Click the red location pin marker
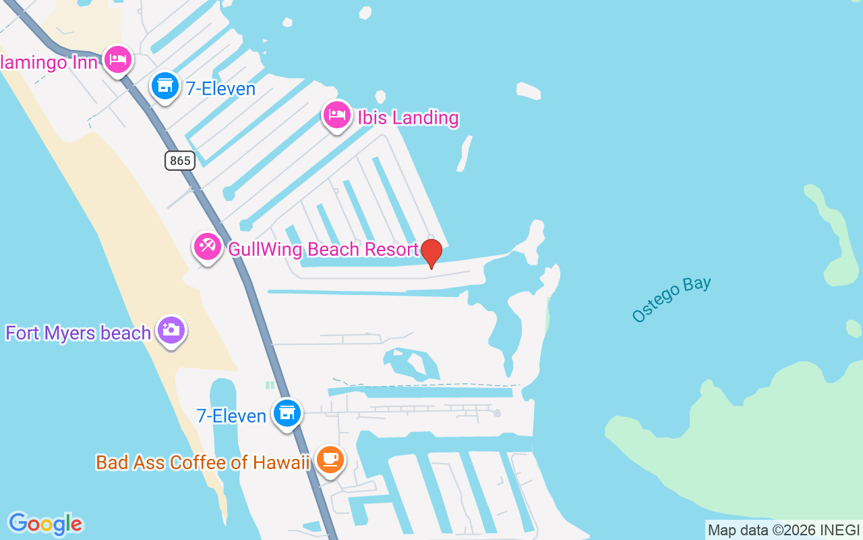coord(431,253)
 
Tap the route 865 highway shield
coord(179,161)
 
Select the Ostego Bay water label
coord(672,299)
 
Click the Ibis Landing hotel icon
coord(336,115)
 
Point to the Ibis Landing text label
coord(408,117)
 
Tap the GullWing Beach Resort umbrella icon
coord(207,247)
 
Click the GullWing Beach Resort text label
coord(323,249)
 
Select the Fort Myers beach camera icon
coord(171,331)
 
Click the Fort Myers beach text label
coord(78,333)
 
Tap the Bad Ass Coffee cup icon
coord(330,460)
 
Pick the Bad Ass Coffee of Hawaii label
coord(202,462)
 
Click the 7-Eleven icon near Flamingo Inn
coord(164,86)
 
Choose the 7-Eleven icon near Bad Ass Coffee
coord(287,412)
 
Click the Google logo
coord(45,523)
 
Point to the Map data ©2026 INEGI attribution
coord(783,530)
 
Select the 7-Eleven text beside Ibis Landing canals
coord(220,88)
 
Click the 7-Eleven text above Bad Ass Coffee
coord(231,415)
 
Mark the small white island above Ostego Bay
coord(529,90)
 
